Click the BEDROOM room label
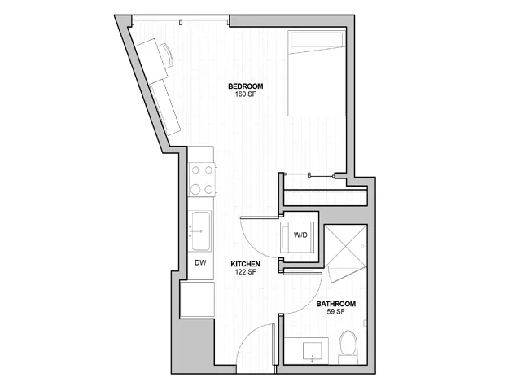246,86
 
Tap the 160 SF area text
246,94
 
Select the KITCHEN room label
246,264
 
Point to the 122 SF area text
246,271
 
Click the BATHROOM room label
336,304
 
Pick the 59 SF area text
336,311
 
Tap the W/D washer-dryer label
300,235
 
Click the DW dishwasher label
200,262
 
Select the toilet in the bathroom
348,347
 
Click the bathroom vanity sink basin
313,351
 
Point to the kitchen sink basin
201,231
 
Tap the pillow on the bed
317,39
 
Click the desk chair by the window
169,55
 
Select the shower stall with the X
345,246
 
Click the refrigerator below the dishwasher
197,300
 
